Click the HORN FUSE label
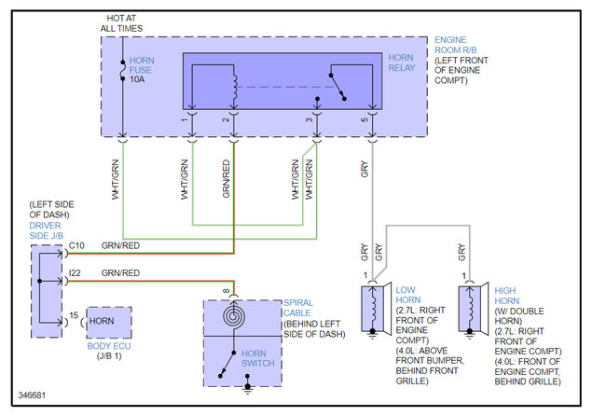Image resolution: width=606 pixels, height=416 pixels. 142,65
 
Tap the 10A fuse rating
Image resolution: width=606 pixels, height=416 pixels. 137,79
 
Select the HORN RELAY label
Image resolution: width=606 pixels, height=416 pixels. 402,62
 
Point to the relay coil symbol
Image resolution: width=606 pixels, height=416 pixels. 234,89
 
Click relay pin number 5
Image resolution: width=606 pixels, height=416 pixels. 364,119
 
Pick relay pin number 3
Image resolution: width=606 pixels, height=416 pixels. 309,119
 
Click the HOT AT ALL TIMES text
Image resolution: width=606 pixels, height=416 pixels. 121,23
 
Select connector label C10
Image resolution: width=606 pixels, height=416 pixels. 76,245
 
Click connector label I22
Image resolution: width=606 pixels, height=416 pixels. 75,273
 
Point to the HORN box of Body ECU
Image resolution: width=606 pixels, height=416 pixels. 109,323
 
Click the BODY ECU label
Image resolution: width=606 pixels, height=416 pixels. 109,346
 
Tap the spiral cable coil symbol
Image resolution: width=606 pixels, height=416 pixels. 234,316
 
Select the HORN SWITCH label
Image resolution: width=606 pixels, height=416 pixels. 257,358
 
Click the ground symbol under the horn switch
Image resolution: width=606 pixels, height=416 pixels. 247,388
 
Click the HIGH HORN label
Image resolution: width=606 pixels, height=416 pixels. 506,296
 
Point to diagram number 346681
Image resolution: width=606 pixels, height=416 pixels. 32,395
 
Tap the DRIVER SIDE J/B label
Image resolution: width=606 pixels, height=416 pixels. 47,230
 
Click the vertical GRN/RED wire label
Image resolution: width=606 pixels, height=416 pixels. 227,179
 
